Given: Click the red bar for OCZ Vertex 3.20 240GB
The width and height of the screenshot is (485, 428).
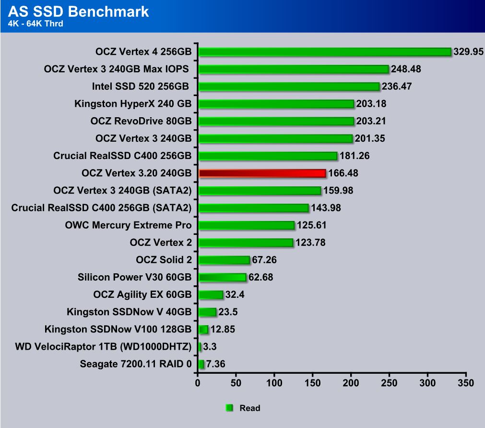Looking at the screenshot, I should pos(262,173).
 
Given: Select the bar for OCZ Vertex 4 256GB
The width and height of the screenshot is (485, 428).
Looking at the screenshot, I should pos(325,52).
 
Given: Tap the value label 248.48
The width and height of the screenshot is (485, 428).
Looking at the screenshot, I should pos(406,69).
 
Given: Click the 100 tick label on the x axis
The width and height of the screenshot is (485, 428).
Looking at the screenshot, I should pos(274,383).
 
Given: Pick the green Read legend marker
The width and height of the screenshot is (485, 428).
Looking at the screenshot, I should pos(229,408).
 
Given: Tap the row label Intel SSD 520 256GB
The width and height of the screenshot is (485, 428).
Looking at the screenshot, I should pos(142,86).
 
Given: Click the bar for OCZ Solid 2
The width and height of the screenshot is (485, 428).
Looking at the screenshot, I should pos(224,260).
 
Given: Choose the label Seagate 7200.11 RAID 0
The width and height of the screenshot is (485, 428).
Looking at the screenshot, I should pos(136,364).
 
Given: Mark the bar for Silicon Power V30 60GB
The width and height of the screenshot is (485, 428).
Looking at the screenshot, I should pos(222,277).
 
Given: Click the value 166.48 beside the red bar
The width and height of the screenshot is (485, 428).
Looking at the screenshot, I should pos(343,173).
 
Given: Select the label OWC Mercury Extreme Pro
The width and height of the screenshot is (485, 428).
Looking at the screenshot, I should pos(128,225).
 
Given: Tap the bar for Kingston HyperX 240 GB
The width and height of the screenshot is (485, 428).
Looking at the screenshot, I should pos(276,104).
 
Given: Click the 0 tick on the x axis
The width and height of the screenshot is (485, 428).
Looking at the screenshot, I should pos(198,383).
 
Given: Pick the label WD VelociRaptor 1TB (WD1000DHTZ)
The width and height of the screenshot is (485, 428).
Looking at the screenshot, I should pos(103,346).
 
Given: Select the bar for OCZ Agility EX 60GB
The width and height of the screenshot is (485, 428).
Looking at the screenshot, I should pos(211,294).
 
